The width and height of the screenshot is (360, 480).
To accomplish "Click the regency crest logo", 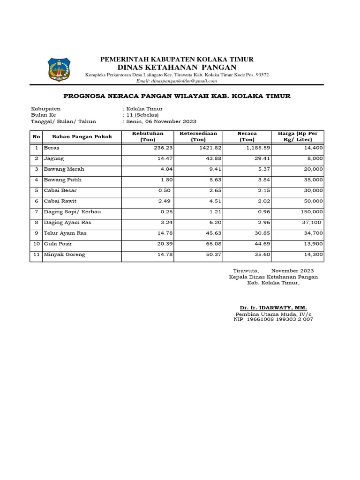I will (x=59, y=69).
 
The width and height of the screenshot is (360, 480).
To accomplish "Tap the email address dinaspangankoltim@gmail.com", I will (x=176, y=81).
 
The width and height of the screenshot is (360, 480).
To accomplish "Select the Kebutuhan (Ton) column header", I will (x=148, y=136).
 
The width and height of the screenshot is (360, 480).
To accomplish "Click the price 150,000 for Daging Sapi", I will (x=311, y=212).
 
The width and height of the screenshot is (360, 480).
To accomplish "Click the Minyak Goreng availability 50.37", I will (x=210, y=255).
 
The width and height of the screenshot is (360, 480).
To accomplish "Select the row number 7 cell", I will (x=36, y=212).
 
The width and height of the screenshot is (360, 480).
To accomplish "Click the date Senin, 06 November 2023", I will (x=159, y=121).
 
